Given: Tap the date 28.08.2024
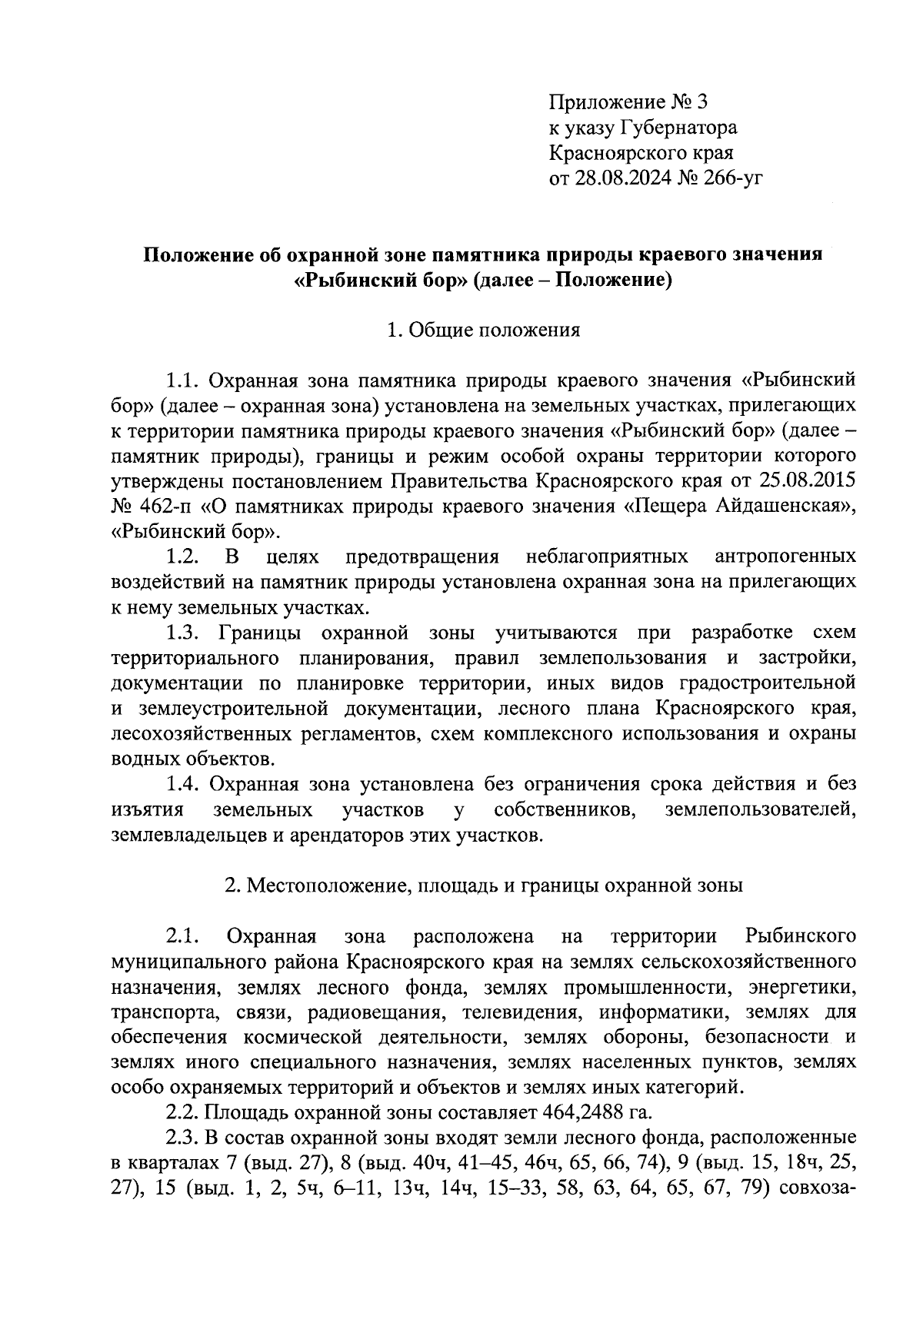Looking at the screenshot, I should [x=630, y=178].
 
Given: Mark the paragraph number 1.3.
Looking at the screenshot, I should [x=185, y=633].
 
